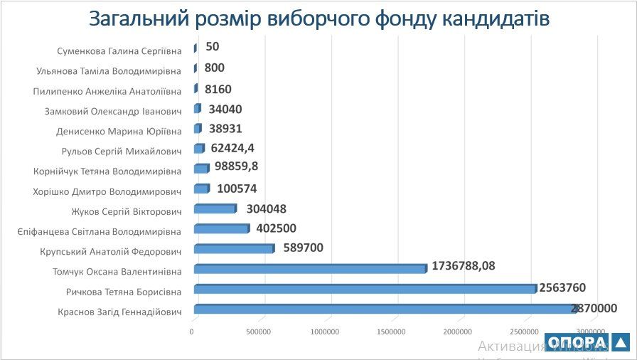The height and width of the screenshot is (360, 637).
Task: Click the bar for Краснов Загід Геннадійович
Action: tap(384, 309)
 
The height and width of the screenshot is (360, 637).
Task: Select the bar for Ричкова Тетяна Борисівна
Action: tap(364, 289)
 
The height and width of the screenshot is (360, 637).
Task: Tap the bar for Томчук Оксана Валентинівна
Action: tap(310, 269)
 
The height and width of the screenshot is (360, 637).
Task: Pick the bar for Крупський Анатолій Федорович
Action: tap(233, 249)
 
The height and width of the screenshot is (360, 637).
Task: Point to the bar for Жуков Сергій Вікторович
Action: tap(214, 209)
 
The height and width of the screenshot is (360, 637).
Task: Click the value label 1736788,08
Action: tap(463, 266)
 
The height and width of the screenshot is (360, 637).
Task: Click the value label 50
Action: tap(212, 48)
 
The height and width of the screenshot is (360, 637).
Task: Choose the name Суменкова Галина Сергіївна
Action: tap(119, 51)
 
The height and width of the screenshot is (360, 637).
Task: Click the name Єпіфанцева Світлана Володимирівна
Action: tap(99, 231)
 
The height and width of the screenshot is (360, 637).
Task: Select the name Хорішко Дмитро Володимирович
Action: tap(107, 191)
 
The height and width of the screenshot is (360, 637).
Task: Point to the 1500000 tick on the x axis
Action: tap(391, 332)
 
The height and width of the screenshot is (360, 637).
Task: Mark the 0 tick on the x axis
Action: tap(192, 332)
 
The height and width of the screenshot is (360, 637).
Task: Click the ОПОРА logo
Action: tap(587, 342)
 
